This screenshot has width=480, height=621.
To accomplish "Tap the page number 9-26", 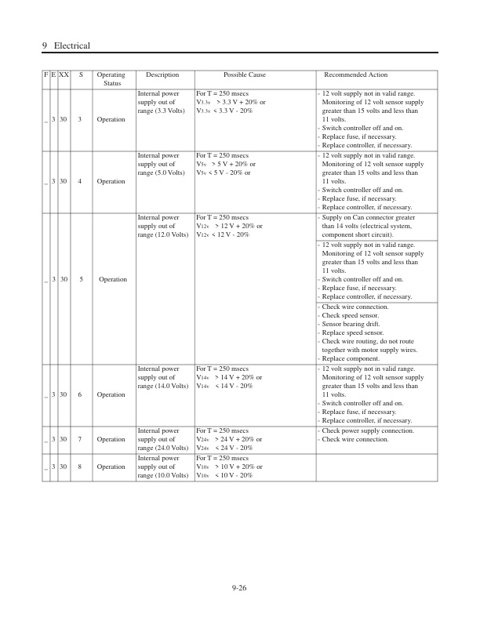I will (x=239, y=588).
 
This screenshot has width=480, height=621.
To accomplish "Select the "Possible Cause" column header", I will (x=244, y=75).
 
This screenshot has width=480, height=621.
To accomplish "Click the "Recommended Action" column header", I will (x=356, y=75).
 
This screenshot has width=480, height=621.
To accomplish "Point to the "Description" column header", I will (x=162, y=75).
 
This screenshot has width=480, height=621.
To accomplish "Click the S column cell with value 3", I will (x=80, y=120).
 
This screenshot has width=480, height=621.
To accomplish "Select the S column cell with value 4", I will (x=80, y=181).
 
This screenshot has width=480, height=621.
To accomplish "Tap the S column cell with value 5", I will (x=80, y=279).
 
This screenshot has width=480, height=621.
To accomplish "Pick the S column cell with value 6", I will (x=80, y=394).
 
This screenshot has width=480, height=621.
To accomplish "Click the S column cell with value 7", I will (x=80, y=439).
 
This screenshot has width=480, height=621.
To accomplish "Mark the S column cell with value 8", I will (x=80, y=467).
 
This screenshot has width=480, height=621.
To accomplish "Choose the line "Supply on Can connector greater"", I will (x=369, y=217).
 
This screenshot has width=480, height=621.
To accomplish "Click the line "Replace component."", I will (x=353, y=358).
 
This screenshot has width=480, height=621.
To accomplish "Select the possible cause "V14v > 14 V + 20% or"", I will (x=231, y=377).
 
